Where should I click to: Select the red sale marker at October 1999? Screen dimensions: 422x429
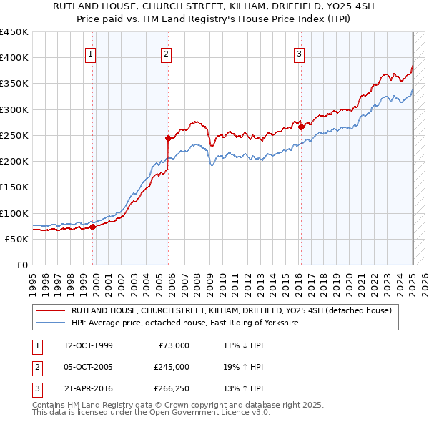[x=93, y=227]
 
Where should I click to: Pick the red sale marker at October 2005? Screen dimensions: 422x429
[x=168, y=138]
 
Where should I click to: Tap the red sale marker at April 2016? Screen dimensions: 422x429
[x=301, y=127]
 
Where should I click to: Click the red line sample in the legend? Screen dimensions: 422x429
[x=51, y=311]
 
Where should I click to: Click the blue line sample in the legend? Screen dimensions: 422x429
[x=51, y=323]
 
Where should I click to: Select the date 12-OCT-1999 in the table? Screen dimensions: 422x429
[x=88, y=345]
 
